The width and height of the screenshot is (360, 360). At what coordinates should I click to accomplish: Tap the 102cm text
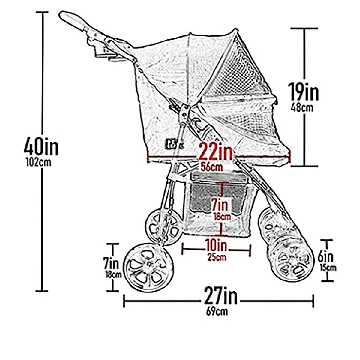(x=39, y=163)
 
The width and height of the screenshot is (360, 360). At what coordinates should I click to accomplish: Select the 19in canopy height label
(x=303, y=92)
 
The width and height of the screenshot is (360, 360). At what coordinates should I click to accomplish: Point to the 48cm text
(x=302, y=108)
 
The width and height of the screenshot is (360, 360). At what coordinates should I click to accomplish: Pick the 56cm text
(x=212, y=167)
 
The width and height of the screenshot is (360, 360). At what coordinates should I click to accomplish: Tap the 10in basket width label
(x=216, y=246)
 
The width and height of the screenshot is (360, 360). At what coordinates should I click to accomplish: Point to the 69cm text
(x=217, y=311)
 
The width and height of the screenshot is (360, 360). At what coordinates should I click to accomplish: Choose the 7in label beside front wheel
(x=111, y=264)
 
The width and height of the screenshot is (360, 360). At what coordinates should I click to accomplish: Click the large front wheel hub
(x=148, y=264)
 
